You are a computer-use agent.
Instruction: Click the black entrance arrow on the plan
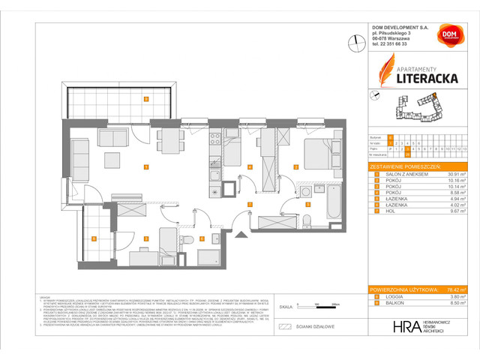tap(241, 235)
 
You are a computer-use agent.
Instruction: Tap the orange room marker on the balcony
tap(146, 99)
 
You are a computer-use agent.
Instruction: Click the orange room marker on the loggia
tap(94, 238)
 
